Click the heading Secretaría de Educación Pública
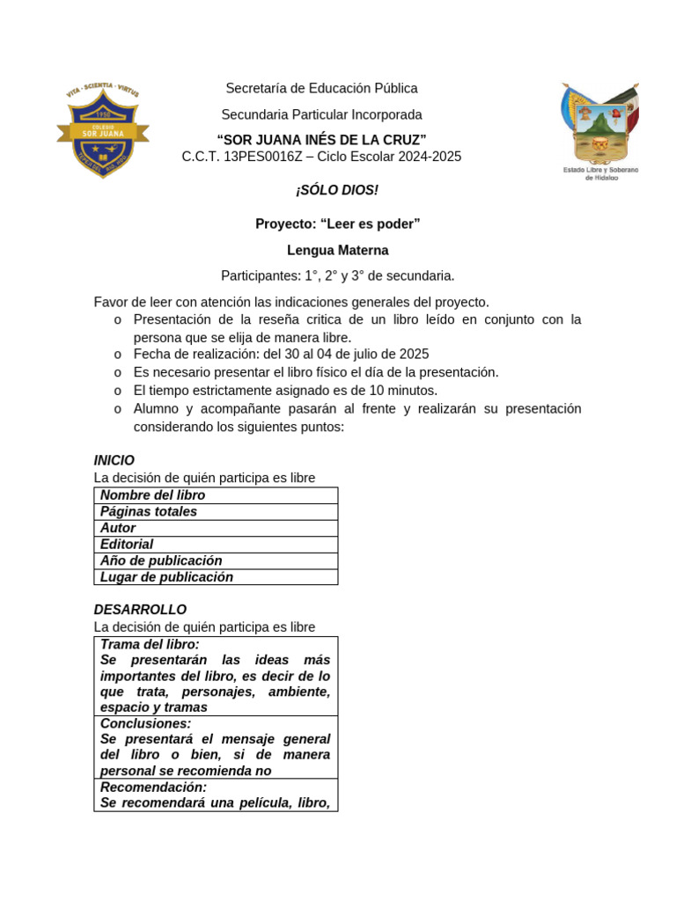tap(321, 88)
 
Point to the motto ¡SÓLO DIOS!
tap(337, 191)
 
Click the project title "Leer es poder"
tap(337, 223)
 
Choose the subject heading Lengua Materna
tap(337, 250)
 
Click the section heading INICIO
tap(114, 460)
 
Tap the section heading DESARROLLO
tap(140, 610)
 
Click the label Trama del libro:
tap(150, 644)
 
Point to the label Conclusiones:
tap(145, 723)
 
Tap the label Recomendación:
tap(153, 787)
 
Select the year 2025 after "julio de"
tap(414, 354)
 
